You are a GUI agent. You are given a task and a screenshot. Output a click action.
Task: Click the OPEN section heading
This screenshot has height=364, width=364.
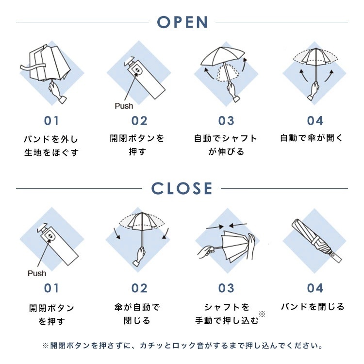[182, 22]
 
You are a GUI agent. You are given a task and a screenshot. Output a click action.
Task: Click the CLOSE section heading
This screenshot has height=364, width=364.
[182, 188]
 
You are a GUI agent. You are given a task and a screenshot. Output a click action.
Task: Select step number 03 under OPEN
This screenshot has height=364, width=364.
[226, 121]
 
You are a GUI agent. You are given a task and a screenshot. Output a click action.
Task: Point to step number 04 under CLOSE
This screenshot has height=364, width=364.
[314, 288]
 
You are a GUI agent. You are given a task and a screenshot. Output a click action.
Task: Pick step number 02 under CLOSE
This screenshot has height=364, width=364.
[139, 288]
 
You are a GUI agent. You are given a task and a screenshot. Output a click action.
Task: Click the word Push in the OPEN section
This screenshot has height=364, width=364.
[124, 105]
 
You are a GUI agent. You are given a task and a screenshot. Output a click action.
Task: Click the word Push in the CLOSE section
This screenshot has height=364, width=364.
[37, 273]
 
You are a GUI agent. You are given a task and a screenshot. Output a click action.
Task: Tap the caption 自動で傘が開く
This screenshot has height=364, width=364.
[312, 138]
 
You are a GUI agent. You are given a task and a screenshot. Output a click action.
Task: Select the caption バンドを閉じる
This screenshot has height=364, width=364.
[313, 307]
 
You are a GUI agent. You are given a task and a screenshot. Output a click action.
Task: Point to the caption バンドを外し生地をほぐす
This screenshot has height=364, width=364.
[51, 146]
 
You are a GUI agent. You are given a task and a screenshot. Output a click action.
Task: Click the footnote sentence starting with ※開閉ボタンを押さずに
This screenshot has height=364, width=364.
[182, 346]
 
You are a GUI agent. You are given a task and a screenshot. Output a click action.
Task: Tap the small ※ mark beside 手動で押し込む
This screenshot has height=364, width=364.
[262, 314]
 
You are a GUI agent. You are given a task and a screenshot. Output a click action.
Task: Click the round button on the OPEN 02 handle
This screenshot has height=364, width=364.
[138, 71]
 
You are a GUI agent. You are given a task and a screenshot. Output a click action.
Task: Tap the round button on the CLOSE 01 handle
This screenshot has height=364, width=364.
[50, 238]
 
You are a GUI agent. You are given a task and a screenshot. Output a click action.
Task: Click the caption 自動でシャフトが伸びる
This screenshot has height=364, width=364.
[226, 145]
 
